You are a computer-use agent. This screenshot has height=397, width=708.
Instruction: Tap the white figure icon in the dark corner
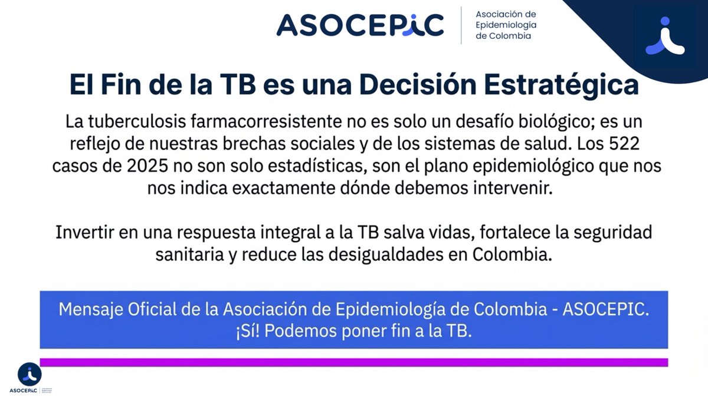click(x=665, y=37)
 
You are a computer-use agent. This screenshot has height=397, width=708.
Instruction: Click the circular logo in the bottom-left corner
click(x=29, y=375)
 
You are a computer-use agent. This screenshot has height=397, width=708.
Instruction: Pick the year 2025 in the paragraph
click(x=144, y=167)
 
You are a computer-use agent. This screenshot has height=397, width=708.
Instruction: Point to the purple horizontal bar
click(x=354, y=362)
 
